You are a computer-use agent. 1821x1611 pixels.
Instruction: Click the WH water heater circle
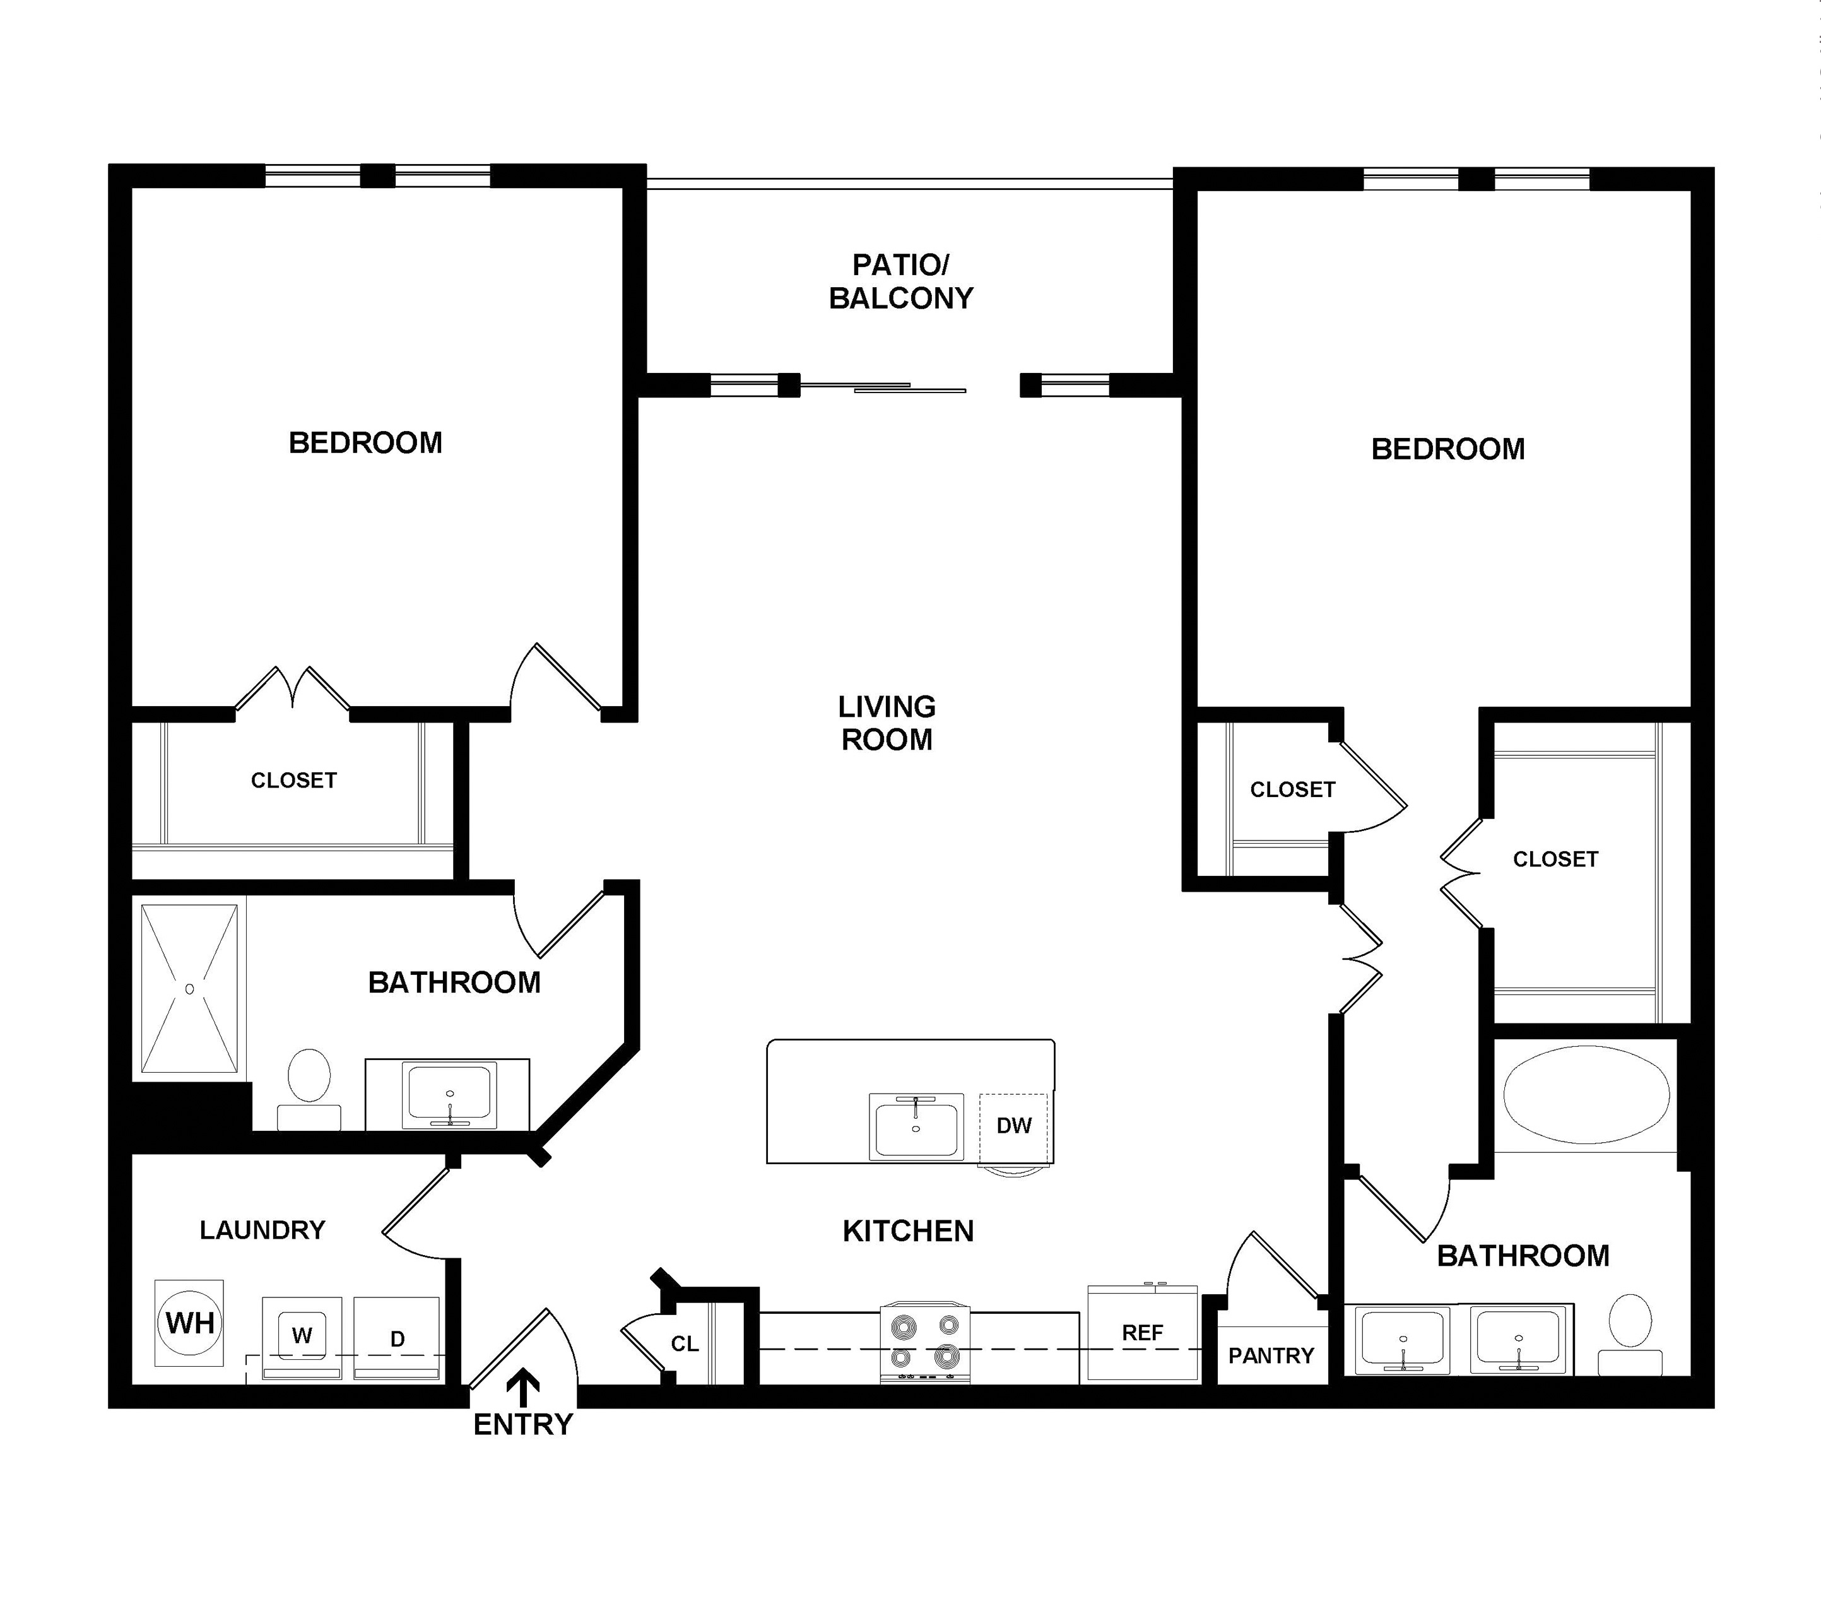click(190, 1322)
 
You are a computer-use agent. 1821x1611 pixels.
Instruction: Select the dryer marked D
click(398, 1338)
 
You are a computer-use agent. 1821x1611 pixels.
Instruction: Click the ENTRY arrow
click(523, 1389)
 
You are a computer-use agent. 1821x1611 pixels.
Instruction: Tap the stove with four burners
click(926, 1343)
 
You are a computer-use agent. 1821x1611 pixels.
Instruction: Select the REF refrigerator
click(1143, 1333)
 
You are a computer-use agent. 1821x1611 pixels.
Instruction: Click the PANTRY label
click(1271, 1355)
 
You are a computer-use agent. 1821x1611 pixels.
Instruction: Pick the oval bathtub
click(1587, 1094)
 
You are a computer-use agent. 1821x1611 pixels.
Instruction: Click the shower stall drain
click(189, 989)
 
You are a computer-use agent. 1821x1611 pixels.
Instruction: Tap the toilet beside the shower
click(309, 1089)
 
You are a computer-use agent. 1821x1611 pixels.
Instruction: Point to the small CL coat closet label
click(684, 1343)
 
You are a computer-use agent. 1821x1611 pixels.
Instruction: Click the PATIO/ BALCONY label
click(900, 281)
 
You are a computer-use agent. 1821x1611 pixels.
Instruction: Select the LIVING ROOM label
click(887, 723)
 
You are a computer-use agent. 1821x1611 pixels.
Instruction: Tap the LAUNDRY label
click(263, 1230)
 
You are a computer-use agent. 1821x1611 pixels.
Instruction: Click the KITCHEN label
click(909, 1230)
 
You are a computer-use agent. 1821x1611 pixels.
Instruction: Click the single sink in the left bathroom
click(450, 1094)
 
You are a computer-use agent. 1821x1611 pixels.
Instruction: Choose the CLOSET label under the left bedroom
click(294, 781)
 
